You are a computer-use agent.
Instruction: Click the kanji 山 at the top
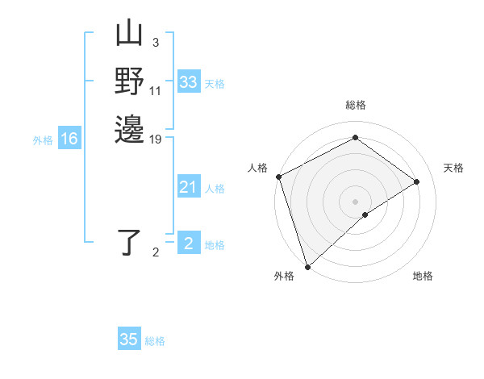(129, 35)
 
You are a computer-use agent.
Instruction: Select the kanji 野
(129, 82)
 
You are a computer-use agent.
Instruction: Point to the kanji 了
(129, 243)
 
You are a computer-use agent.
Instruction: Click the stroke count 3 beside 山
(156, 43)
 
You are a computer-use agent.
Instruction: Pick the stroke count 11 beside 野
(156, 90)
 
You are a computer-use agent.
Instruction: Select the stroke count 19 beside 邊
(156, 139)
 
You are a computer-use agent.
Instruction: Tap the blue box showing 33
(188, 82)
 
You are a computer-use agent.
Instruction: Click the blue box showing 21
(188, 188)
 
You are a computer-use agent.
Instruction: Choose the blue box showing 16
(69, 140)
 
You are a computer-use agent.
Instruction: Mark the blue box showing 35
(129, 339)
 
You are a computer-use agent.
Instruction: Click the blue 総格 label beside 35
(155, 341)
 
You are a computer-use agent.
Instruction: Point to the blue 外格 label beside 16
(43, 140)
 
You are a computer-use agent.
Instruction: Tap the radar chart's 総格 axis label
(355, 105)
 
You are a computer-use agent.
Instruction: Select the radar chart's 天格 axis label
(453, 168)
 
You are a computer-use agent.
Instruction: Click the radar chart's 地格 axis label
(423, 276)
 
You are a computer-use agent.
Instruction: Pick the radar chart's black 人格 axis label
(258, 168)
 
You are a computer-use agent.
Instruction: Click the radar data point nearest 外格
(307, 266)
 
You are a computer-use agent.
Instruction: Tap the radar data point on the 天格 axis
(417, 181)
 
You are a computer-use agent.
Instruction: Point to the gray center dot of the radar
(355, 201)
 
